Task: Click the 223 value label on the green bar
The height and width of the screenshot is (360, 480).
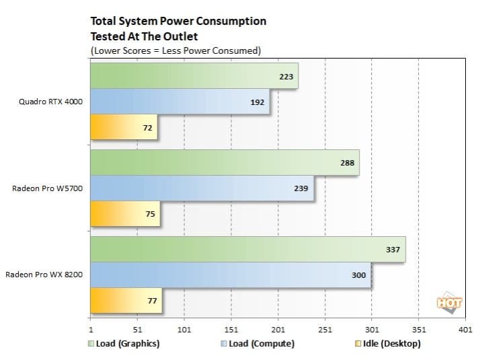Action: pos(286,77)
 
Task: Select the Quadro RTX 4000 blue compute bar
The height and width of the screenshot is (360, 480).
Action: pos(180,102)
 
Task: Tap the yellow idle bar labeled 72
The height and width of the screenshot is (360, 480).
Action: pos(124,127)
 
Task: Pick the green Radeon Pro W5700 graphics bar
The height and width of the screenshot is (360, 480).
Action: pos(225,163)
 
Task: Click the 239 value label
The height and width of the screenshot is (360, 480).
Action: pos(301,188)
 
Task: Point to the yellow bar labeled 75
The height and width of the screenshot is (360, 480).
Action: pos(125,214)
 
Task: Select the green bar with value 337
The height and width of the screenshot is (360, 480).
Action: pos(247,249)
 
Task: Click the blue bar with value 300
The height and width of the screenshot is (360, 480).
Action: pos(230,275)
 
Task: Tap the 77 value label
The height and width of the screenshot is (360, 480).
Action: pos(152,300)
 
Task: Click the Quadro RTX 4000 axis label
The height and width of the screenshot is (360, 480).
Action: pos(51,102)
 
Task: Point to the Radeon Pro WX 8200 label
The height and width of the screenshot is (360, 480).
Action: pos(44,275)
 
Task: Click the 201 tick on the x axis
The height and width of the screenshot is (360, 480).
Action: pos(278,330)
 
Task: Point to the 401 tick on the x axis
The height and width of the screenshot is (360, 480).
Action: pos(465,330)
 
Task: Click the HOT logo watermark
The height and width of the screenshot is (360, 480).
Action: pos(449,303)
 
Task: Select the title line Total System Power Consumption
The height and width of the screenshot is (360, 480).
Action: pos(178,21)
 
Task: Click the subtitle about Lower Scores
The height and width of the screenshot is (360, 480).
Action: pos(175,50)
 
